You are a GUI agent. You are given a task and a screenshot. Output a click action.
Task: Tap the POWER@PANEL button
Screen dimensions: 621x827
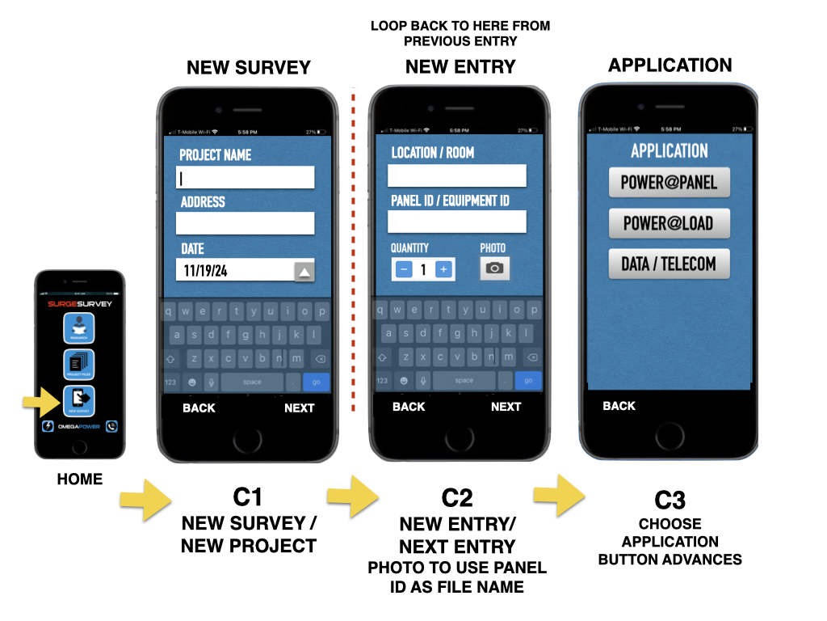(x=669, y=183)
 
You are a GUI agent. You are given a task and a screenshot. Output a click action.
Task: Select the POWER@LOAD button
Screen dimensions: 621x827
(x=669, y=223)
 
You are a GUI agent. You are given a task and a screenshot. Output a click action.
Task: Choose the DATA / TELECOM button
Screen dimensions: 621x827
(x=669, y=264)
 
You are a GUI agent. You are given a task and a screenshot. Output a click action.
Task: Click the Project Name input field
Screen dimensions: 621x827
(x=245, y=177)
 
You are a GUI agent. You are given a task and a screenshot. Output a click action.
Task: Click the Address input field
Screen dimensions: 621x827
(x=245, y=223)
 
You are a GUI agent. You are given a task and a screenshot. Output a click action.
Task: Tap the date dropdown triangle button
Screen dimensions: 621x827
(x=304, y=272)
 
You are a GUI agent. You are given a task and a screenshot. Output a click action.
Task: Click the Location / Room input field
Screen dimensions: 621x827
(x=456, y=175)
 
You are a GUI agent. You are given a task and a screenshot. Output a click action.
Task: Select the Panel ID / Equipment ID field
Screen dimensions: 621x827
(x=456, y=222)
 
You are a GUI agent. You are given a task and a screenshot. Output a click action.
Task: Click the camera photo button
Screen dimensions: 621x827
(x=495, y=268)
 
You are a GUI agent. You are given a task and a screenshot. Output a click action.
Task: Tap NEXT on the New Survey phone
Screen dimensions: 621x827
(x=299, y=408)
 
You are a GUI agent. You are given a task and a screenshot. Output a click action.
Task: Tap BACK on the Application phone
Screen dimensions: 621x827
(x=619, y=406)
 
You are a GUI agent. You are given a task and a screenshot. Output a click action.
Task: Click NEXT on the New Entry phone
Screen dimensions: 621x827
(x=506, y=407)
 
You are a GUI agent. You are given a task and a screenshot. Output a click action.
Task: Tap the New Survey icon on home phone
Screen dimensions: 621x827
(x=79, y=400)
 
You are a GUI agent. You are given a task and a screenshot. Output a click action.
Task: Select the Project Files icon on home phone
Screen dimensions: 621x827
(x=79, y=365)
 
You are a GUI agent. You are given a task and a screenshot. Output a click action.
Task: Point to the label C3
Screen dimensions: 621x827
(x=670, y=498)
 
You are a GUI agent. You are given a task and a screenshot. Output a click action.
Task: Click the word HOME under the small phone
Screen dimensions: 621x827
(x=80, y=479)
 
